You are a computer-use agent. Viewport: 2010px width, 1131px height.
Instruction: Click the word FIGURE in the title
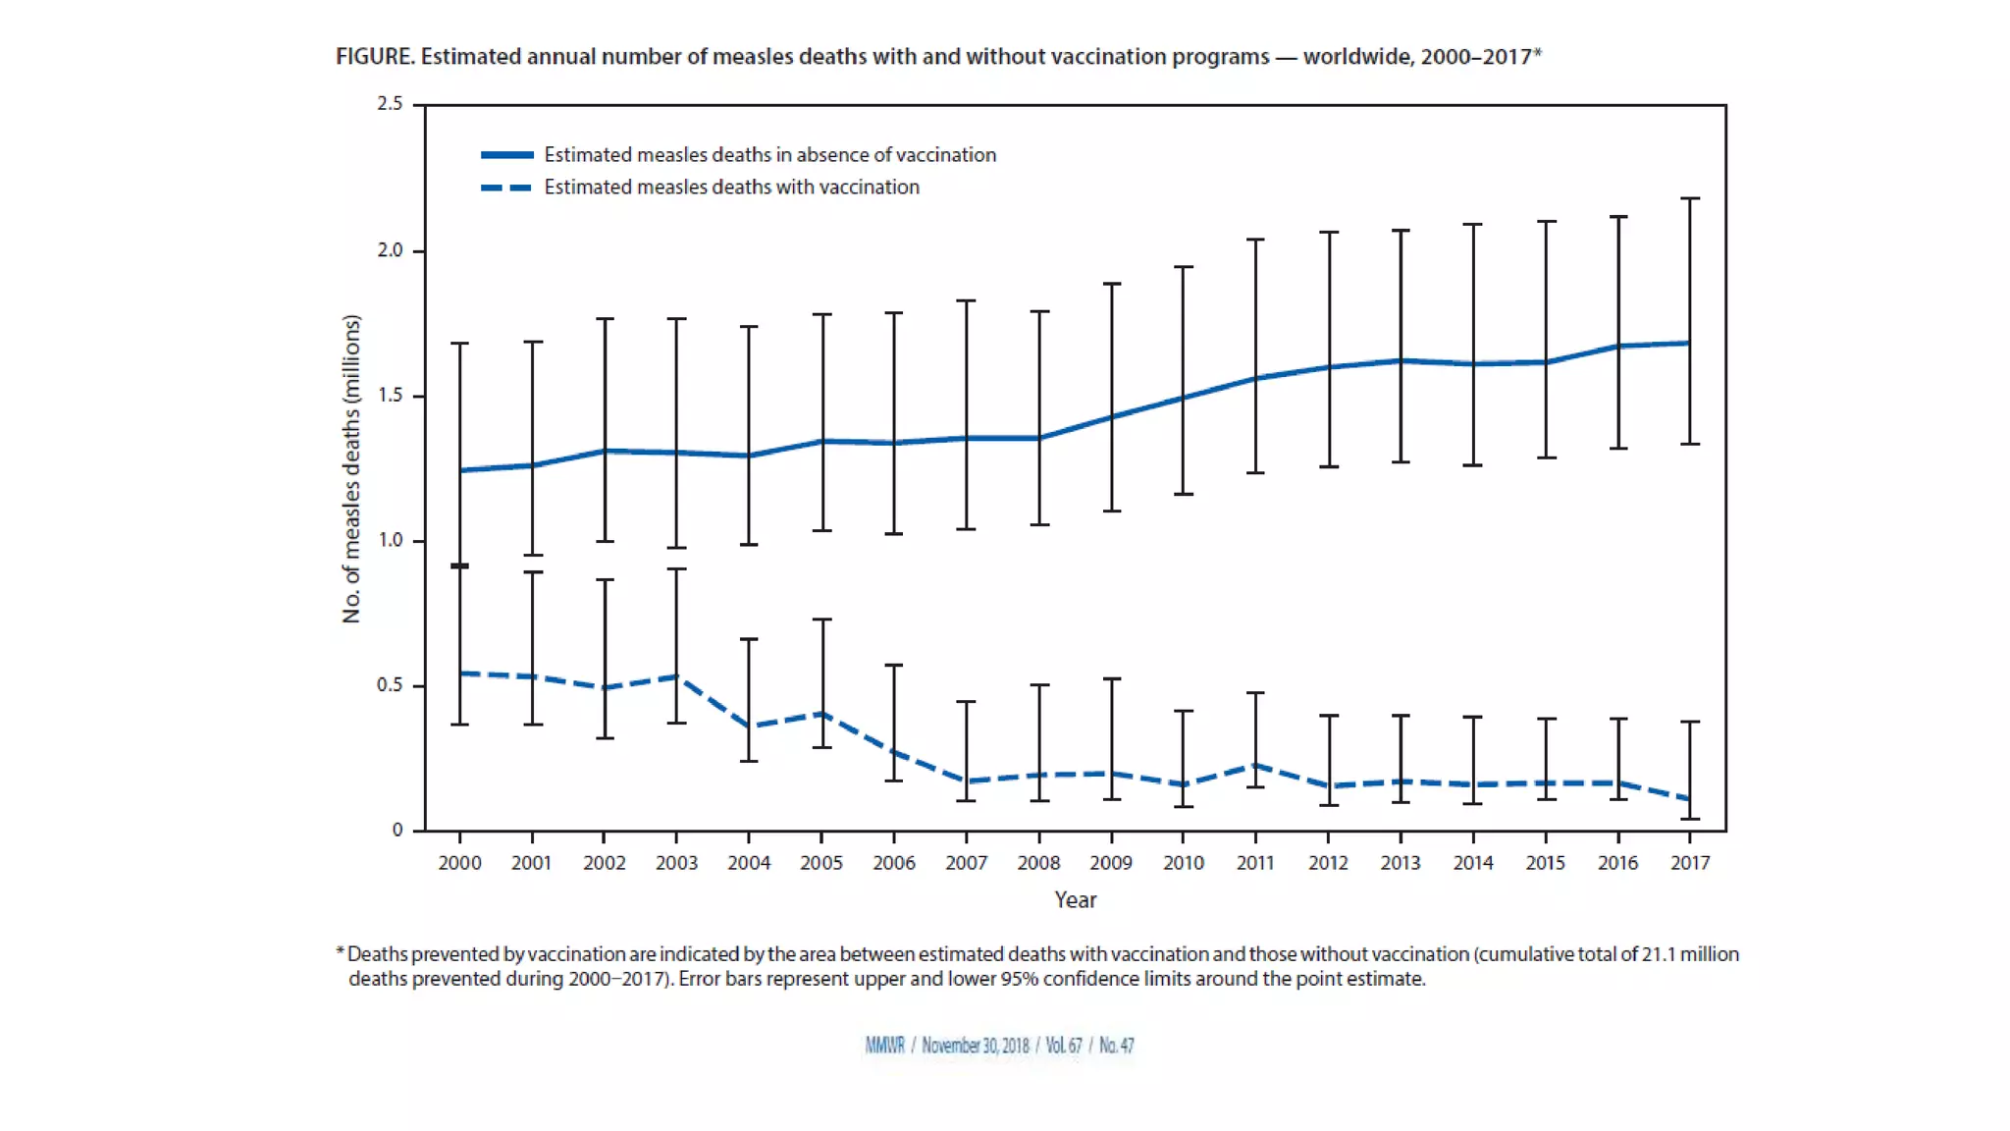point(374,57)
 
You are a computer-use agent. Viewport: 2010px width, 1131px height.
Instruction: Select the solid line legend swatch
point(506,155)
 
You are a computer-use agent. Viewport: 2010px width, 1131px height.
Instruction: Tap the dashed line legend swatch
point(506,188)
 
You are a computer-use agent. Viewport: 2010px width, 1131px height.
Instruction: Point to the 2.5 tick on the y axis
point(390,104)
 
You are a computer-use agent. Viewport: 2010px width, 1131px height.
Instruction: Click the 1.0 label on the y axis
point(390,540)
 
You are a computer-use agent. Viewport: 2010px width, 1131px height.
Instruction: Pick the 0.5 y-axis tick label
point(390,685)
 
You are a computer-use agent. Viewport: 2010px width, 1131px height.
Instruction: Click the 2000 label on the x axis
point(459,863)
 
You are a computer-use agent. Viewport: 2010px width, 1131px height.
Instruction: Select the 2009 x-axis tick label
point(1111,863)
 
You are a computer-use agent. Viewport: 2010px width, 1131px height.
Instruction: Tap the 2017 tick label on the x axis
point(1690,863)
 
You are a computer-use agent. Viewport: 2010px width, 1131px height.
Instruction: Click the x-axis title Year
point(1075,899)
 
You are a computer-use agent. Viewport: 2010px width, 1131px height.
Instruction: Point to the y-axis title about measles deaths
point(351,468)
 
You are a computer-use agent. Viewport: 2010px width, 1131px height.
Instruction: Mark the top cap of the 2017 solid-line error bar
point(1690,199)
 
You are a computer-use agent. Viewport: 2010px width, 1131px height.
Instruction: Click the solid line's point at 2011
point(1255,378)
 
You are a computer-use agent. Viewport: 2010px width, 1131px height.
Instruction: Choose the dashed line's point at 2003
point(676,676)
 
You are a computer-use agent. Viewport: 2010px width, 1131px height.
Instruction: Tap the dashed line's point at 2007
point(967,781)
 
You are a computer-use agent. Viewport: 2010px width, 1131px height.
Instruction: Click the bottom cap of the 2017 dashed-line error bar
point(1690,819)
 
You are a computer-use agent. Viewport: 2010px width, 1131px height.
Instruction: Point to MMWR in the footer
point(884,1046)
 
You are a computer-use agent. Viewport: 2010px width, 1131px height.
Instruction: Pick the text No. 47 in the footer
point(1116,1046)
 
